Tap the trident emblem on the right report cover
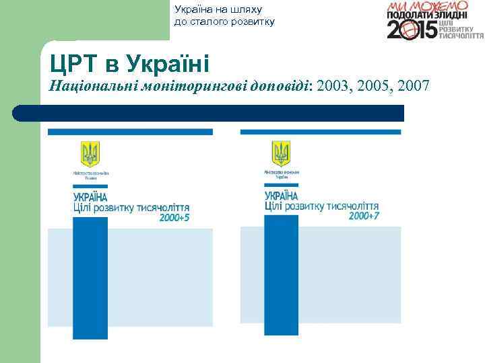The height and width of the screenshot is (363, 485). (x=281, y=153)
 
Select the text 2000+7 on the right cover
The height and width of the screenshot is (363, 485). (x=364, y=216)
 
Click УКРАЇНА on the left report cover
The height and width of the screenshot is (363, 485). (x=90, y=197)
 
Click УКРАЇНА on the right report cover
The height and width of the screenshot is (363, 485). (x=282, y=196)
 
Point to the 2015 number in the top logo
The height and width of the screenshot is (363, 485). (x=412, y=30)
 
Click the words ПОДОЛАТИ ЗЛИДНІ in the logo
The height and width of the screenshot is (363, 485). (x=428, y=15)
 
